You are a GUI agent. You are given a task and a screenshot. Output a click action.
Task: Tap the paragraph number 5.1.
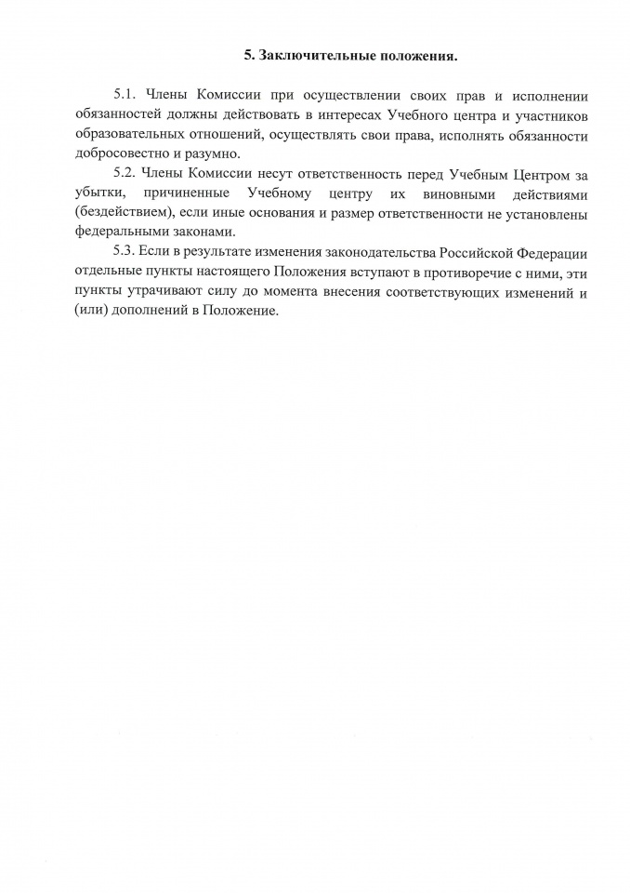coord(124,96)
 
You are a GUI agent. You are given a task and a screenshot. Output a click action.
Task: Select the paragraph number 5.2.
coord(124,174)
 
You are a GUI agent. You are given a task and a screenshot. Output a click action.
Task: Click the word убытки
coord(93,193)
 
